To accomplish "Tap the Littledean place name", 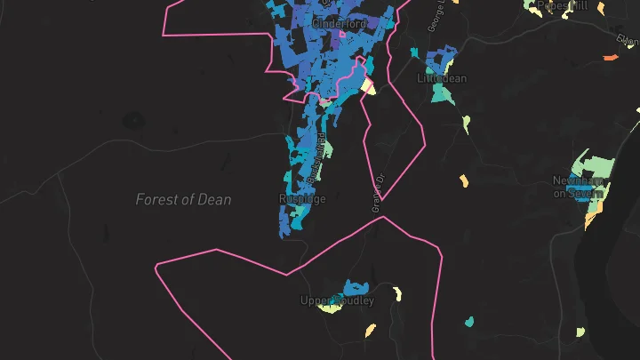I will [442, 78].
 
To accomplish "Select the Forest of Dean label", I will [183, 200].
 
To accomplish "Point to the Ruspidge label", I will [302, 199].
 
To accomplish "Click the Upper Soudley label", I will [337, 301].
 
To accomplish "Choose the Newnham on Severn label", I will [579, 187].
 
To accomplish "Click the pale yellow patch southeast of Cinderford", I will [369, 87].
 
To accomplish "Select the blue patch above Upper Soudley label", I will [356, 287].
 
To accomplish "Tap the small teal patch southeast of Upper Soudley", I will [468, 321].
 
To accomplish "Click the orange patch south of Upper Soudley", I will [371, 331].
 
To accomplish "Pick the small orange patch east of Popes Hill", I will [610, 58].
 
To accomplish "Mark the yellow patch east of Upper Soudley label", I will [396, 293].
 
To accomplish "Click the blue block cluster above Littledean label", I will [437, 61].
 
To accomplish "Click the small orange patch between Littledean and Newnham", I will [463, 180].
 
